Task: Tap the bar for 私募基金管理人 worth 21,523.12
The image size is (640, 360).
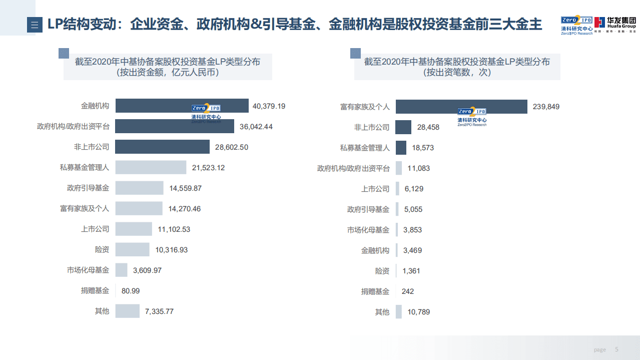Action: pos(151,167)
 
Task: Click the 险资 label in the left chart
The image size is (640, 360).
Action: pos(102,249)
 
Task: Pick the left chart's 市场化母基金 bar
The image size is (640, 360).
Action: pos(122,270)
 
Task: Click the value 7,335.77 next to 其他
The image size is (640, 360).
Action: pos(159,311)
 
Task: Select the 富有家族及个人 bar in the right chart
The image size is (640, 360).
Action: pos(461,107)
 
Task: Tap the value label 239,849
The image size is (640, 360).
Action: pos(546,107)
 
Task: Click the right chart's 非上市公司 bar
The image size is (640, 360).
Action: pos(403,127)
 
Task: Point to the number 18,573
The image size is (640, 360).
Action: pos(423,148)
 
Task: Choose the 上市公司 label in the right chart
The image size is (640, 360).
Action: pos(375,189)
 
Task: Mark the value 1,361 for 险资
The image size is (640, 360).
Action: pos(411,271)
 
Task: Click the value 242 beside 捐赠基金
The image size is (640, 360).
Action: pos(408,291)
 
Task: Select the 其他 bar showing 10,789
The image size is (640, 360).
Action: pos(399,311)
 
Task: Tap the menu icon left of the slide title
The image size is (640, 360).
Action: pos(35,25)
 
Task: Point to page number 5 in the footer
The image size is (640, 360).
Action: pos(616,349)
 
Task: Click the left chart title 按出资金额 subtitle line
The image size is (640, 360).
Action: pos(168,73)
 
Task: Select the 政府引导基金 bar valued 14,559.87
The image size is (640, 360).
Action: pos(139,188)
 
